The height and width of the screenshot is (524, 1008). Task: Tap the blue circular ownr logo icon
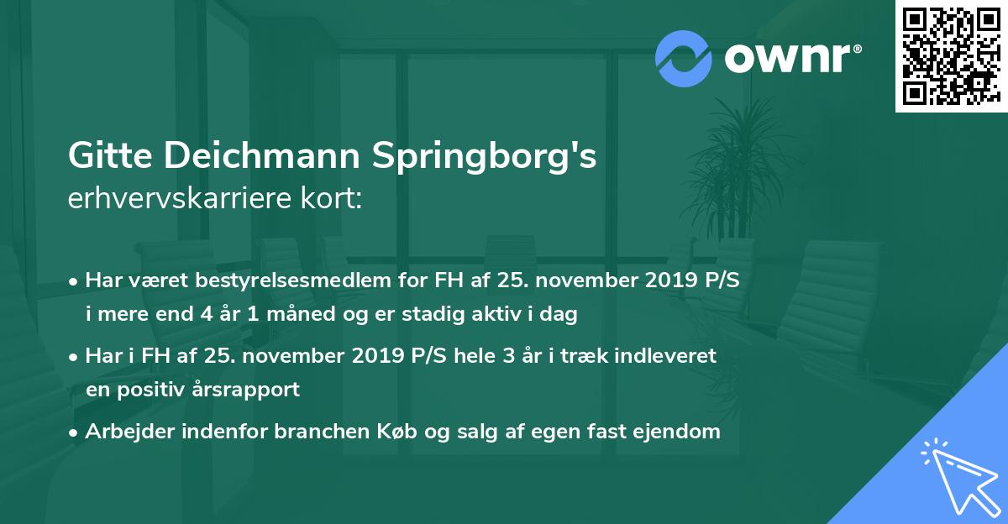pyautogui.click(x=684, y=58)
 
